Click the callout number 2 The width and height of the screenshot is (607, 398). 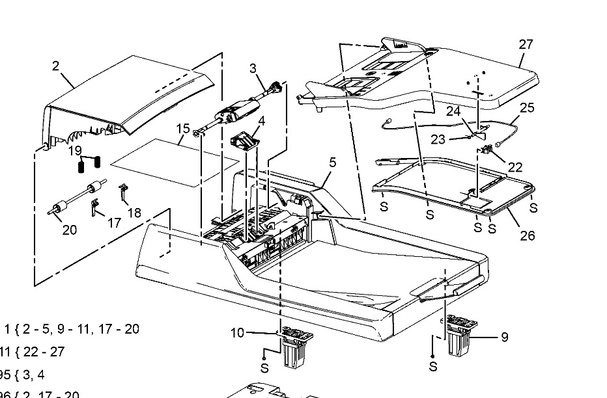click(55, 66)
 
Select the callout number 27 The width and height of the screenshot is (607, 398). click(526, 44)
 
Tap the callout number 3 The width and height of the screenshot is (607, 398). click(253, 68)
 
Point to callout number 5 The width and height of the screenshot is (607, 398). click(332, 163)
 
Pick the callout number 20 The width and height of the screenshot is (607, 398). click(69, 229)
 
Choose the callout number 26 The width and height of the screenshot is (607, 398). click(527, 235)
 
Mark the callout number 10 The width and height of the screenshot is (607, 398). click(238, 333)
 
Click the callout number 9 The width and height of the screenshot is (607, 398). click(504, 337)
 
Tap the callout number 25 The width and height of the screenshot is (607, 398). click(526, 107)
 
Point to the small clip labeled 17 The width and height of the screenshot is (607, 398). click(95, 207)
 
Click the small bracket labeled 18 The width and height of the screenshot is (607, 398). click(123, 192)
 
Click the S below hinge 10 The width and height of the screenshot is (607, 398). click(264, 368)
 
